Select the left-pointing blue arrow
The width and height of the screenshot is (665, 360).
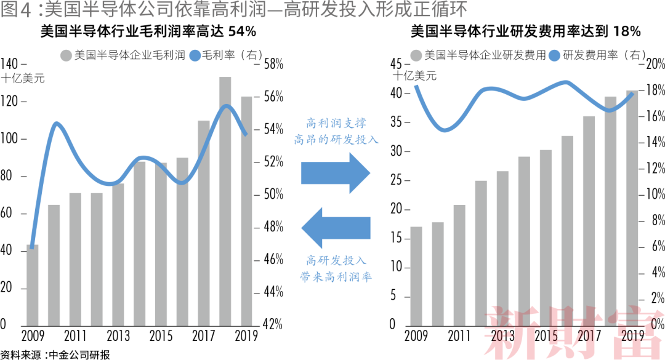[336, 227]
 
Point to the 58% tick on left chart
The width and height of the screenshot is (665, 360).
[273, 64]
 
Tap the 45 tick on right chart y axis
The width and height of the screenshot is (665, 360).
[395, 64]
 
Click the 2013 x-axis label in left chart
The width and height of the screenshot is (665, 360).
[118, 336]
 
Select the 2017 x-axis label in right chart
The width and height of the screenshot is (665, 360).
[589, 336]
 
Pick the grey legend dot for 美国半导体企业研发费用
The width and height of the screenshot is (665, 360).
[416, 55]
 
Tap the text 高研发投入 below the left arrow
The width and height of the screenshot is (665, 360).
[336, 260]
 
